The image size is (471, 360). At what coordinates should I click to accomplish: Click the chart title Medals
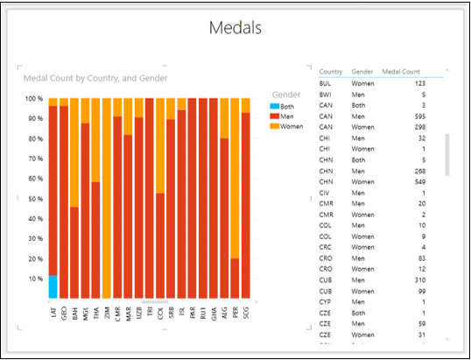point(235,27)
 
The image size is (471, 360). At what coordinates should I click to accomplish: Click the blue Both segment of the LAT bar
point(53,286)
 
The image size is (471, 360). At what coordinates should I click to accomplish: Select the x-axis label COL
point(161,312)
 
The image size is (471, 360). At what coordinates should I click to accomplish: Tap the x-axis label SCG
point(246,312)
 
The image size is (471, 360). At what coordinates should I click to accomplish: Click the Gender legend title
point(286,93)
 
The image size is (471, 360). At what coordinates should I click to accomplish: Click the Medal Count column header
point(405,71)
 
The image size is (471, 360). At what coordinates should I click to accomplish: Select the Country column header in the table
point(331,71)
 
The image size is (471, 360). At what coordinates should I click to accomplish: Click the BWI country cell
point(326,94)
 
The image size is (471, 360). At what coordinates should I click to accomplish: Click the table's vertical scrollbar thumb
point(449,153)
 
